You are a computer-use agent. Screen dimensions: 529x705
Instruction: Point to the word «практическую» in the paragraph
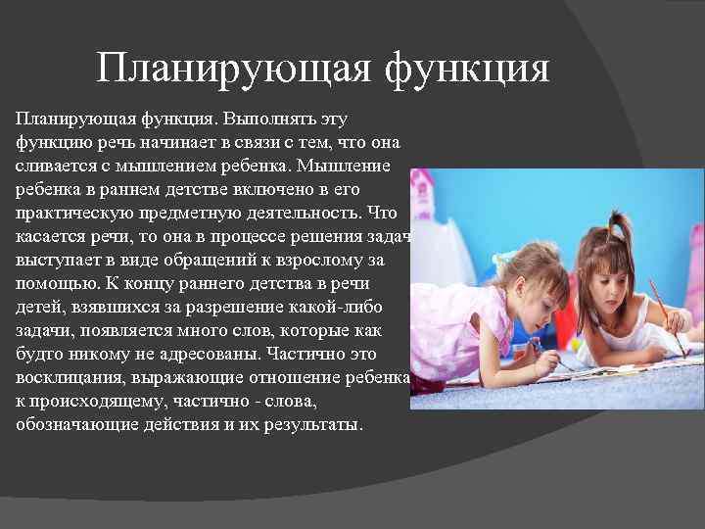[67, 213]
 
